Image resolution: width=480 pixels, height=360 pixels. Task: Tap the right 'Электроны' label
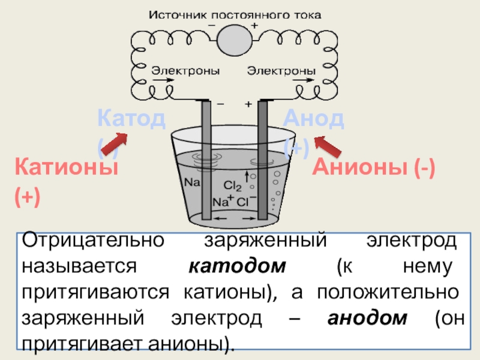(278, 71)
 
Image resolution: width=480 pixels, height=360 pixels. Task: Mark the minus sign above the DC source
(212, 26)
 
